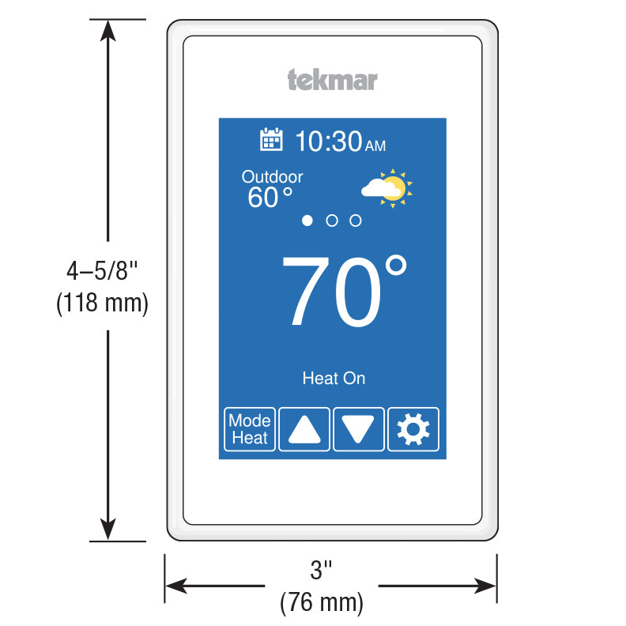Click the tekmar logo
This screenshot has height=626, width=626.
[332, 80]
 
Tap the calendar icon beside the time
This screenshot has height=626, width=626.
[271, 139]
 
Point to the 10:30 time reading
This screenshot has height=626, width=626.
[329, 141]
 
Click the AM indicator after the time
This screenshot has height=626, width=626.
[375, 146]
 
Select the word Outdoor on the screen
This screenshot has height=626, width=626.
[272, 177]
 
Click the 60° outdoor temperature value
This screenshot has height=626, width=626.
[270, 198]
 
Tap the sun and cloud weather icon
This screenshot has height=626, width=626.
[387, 188]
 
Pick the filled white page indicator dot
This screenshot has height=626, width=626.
[307, 221]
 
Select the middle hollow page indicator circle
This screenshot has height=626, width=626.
[332, 221]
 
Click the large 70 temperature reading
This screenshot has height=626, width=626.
[331, 291]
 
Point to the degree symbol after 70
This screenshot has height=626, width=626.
[397, 265]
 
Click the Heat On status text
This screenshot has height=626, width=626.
[334, 378]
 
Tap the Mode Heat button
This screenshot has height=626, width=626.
[250, 429]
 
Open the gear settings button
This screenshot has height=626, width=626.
[413, 429]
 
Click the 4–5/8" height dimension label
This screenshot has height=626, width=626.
[102, 270]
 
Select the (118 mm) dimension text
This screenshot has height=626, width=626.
[102, 303]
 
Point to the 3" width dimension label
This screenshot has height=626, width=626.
[321, 570]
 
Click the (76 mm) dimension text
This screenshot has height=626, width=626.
[322, 602]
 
